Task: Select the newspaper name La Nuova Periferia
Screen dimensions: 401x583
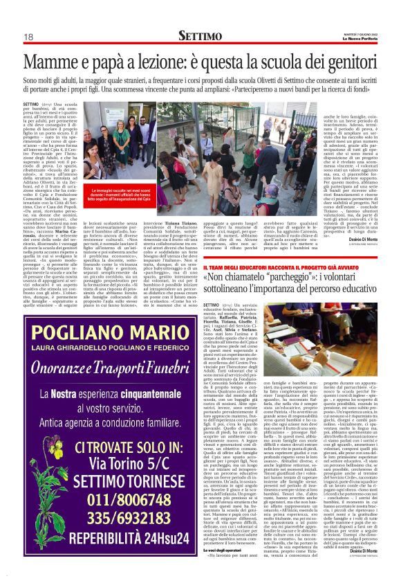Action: click(x=361, y=37)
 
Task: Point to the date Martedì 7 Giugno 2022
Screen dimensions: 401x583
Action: click(x=360, y=33)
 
